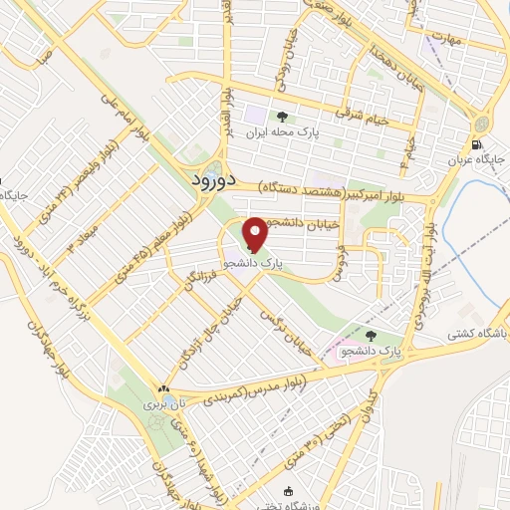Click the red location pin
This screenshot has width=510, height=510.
[255, 234]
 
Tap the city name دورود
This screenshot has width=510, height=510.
[211, 180]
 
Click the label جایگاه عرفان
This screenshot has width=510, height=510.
[485, 158]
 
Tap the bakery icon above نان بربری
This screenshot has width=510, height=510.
[163, 388]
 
